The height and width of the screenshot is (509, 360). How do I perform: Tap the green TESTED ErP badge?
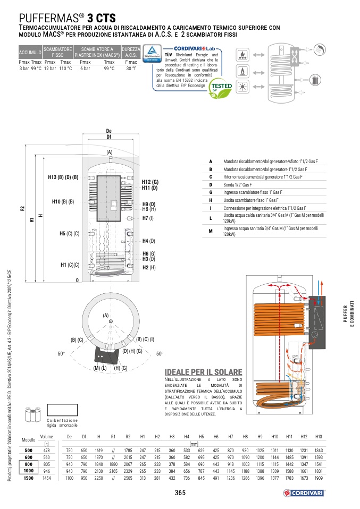(x=221, y=87)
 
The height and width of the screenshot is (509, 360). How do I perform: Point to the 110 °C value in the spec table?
(x=65, y=69)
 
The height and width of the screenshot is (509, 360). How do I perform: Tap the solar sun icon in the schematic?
(x=241, y=87)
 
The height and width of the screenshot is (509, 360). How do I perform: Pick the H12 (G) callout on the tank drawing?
(x=150, y=182)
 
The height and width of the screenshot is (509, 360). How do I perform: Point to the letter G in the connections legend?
(x=211, y=192)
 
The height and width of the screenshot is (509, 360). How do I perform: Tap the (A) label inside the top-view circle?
(x=105, y=316)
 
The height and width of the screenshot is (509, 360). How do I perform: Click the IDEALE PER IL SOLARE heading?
(x=204, y=372)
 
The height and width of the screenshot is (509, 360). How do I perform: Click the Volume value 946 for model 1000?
(x=47, y=471)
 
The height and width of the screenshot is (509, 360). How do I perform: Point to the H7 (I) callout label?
(x=148, y=218)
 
